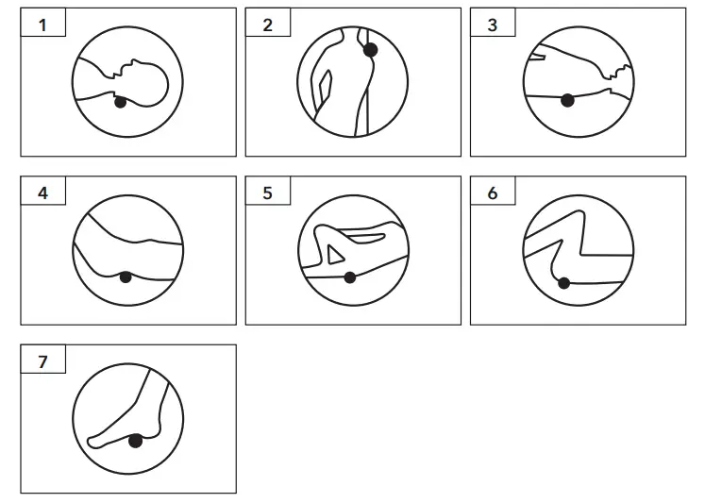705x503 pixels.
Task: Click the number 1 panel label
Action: pyautogui.click(x=42, y=25)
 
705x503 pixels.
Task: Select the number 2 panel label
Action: pyautogui.click(x=267, y=25)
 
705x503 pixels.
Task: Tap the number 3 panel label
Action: pyautogui.click(x=492, y=25)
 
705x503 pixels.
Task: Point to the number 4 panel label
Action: pyautogui.click(x=42, y=193)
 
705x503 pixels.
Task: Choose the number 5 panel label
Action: pyautogui.click(x=267, y=193)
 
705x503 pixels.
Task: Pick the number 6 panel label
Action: pyautogui.click(x=492, y=193)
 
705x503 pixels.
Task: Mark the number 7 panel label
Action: pyautogui.click(x=42, y=361)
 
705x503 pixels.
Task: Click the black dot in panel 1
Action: pyautogui.click(x=120, y=102)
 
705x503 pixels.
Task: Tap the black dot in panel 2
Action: pyautogui.click(x=370, y=50)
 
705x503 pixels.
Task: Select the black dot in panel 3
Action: pyautogui.click(x=567, y=100)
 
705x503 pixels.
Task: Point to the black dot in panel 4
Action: pyautogui.click(x=126, y=277)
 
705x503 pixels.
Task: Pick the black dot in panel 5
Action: pyautogui.click(x=350, y=277)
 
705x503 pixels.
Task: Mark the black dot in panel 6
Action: pyautogui.click(x=563, y=282)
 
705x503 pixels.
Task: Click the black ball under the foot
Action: pyautogui.click(x=136, y=441)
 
